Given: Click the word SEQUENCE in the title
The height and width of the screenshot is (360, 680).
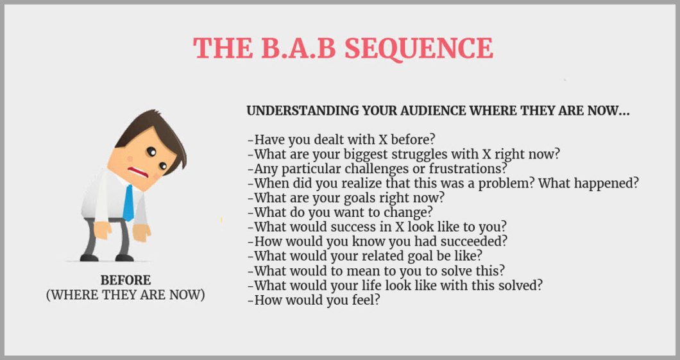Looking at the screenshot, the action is pos(419,48).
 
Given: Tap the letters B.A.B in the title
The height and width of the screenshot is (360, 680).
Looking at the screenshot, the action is pos(298,47).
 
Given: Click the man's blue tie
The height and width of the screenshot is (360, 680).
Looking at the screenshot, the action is pos(128,203).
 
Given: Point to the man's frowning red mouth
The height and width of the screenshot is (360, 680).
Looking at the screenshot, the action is pos(139,172).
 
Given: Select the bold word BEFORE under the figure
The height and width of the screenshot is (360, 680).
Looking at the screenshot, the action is pos(126,280).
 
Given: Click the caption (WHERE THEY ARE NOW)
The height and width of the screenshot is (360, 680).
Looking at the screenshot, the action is pos(125,295).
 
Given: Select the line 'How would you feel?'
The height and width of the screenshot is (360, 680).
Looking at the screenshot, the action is pos(314,300).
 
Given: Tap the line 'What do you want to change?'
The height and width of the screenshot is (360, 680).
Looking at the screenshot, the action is pos(340,212).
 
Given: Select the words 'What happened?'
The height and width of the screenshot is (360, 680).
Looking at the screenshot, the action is pos(588,184).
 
